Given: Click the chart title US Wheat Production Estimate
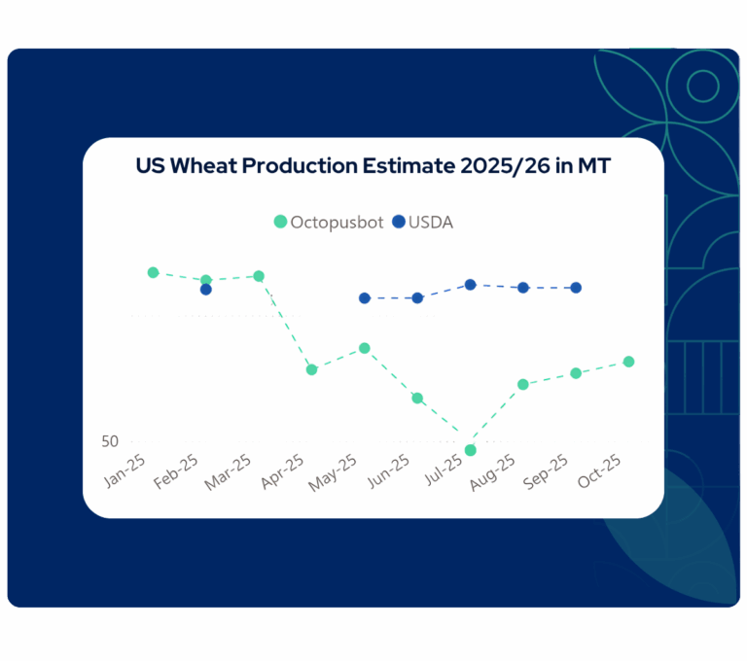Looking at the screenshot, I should [x=373, y=166].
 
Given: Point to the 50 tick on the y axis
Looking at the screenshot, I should [x=110, y=441].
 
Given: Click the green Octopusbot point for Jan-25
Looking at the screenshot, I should [x=153, y=272].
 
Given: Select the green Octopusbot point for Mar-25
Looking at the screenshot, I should [x=259, y=276].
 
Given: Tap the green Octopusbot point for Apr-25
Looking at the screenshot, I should [x=311, y=369].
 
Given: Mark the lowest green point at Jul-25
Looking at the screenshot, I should [x=470, y=450].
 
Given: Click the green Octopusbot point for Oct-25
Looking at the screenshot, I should [x=628, y=362].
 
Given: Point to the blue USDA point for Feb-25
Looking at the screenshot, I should [x=206, y=290].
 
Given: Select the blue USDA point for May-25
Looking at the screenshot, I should [x=365, y=298].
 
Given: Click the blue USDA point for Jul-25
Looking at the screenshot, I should [x=470, y=285].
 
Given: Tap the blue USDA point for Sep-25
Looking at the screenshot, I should [x=576, y=288].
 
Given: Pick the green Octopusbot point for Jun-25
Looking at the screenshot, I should [x=417, y=399].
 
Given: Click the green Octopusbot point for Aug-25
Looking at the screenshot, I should [x=523, y=385].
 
